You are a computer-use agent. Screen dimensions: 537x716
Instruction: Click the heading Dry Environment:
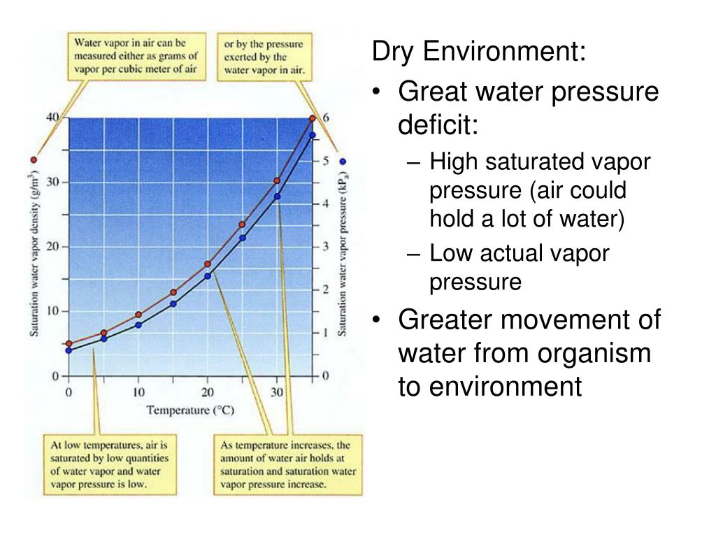click(479, 51)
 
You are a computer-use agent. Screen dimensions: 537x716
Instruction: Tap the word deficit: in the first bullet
click(438, 126)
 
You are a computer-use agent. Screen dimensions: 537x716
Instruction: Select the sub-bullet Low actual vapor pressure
click(519, 267)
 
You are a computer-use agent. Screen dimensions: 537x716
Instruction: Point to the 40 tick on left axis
click(52, 117)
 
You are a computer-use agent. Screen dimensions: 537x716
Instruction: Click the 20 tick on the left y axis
click(53, 247)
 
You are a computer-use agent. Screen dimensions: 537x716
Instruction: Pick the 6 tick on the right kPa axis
click(326, 117)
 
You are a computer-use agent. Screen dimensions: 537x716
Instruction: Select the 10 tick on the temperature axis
click(138, 393)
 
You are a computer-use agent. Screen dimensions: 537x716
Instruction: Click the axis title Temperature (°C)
click(189, 410)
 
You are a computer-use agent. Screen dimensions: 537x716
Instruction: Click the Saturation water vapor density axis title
click(34, 255)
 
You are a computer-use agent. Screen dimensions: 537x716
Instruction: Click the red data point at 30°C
click(277, 181)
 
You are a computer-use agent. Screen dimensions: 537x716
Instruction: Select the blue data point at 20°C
click(208, 276)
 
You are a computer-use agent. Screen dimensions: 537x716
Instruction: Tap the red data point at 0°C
click(69, 344)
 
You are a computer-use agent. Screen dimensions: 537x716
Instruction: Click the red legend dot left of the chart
click(34, 160)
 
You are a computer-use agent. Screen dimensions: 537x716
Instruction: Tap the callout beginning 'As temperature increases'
click(287, 465)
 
